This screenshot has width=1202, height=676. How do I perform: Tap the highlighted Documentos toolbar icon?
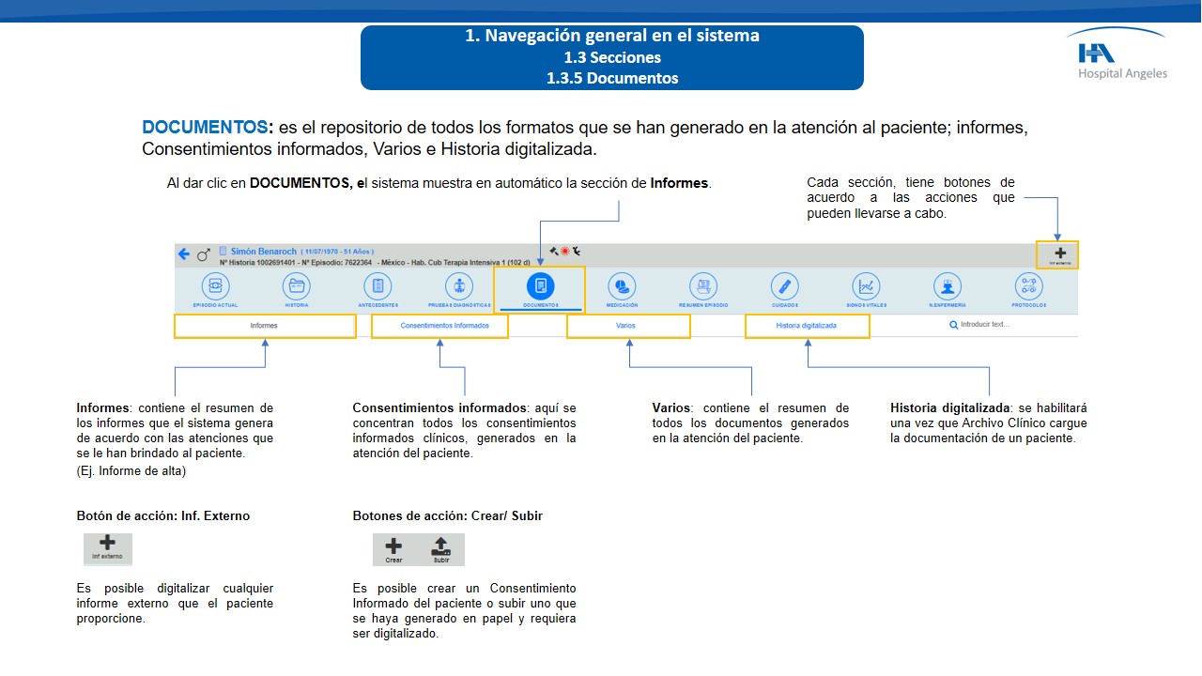pyautogui.click(x=540, y=286)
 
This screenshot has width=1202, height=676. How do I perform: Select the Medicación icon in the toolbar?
pyautogui.click(x=621, y=286)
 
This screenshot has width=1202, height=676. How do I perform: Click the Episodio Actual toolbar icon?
pyautogui.click(x=215, y=286)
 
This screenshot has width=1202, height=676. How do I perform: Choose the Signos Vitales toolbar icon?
pyautogui.click(x=866, y=286)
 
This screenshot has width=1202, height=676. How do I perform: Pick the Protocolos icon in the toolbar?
pyautogui.click(x=1028, y=286)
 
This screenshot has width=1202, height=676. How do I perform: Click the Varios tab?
pyautogui.click(x=626, y=326)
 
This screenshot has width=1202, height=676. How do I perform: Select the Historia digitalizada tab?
pyautogui.click(x=806, y=326)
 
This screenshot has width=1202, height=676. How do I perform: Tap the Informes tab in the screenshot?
pyautogui.click(x=264, y=326)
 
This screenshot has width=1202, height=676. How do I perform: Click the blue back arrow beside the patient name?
pyautogui.click(x=184, y=254)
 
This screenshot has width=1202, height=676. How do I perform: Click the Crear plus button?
pyautogui.click(x=394, y=548)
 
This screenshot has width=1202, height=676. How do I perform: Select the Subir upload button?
pyautogui.click(x=440, y=548)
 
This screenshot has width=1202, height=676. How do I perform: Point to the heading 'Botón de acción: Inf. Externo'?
pyautogui.click(x=163, y=515)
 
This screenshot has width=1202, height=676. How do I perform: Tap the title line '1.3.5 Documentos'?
pyautogui.click(x=611, y=78)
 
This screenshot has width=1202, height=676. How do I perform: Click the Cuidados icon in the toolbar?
pyautogui.click(x=784, y=286)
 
